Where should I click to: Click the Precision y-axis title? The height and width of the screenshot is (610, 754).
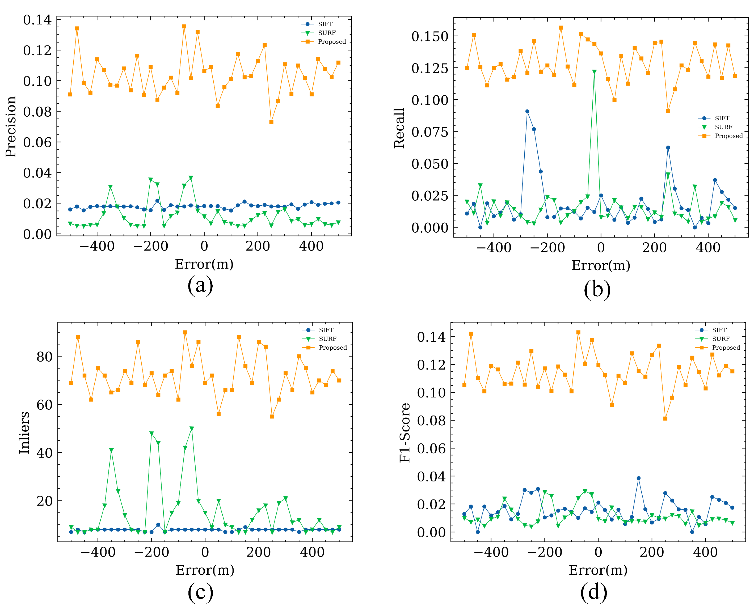[11, 126]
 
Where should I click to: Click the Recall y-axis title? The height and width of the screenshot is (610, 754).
[399, 128]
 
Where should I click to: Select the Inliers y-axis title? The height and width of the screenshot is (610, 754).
[24, 433]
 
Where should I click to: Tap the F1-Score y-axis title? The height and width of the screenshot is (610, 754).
[405, 433]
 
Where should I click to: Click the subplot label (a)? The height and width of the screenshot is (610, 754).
[200, 285]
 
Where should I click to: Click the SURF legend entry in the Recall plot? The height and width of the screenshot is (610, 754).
[723, 127]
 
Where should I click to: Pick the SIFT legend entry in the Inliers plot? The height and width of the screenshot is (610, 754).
[326, 330]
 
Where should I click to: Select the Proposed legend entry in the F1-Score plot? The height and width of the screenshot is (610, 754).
[726, 347]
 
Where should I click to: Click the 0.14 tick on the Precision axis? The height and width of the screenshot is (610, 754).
[37, 20]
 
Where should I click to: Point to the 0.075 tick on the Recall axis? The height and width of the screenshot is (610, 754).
[430, 132]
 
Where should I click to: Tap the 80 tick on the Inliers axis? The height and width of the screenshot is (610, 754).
[44, 356]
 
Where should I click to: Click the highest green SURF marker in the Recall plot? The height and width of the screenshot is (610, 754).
[594, 72]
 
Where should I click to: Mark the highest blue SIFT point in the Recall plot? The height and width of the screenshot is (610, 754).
[527, 111]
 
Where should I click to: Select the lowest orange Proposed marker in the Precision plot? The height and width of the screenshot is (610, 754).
[271, 122]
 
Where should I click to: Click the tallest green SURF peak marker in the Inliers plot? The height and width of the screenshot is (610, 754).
[192, 429]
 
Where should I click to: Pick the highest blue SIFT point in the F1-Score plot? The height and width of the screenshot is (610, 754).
[639, 478]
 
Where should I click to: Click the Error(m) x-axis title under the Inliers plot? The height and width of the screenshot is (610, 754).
[205, 570]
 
